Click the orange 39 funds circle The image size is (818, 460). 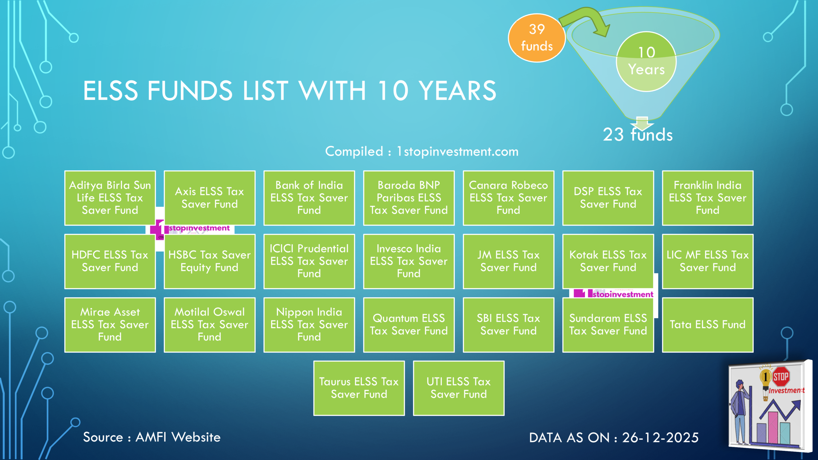pyautogui.click(x=536, y=38)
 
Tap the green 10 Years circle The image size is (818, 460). pyautogui.click(x=646, y=61)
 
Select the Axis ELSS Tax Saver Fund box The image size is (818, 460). pyautogui.click(x=209, y=198)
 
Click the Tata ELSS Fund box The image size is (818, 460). pyautogui.click(x=707, y=325)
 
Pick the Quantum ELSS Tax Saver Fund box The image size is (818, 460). pyautogui.click(x=409, y=325)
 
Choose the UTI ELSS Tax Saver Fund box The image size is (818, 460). pyautogui.click(x=459, y=388)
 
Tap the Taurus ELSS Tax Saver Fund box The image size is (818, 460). pyautogui.click(x=359, y=388)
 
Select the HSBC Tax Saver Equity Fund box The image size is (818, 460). pyautogui.click(x=209, y=261)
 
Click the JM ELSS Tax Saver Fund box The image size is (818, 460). pyautogui.click(x=508, y=261)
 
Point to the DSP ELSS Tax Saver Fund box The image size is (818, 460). pyautogui.click(x=608, y=198)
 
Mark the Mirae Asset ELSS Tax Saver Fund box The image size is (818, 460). pyautogui.click(x=110, y=325)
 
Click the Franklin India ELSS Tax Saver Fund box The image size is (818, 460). pyautogui.click(x=707, y=198)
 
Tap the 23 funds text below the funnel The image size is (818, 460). pyautogui.click(x=637, y=135)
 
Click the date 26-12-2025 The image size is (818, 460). pyautogui.click(x=660, y=438)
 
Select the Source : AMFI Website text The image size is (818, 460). pyautogui.click(x=152, y=437)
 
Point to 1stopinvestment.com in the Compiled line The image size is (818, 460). pyautogui.click(x=457, y=151)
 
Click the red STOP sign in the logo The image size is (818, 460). pyautogui.click(x=781, y=377)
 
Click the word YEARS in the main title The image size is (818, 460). pyautogui.click(x=457, y=91)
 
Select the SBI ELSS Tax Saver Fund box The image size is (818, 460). pyautogui.click(x=508, y=325)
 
